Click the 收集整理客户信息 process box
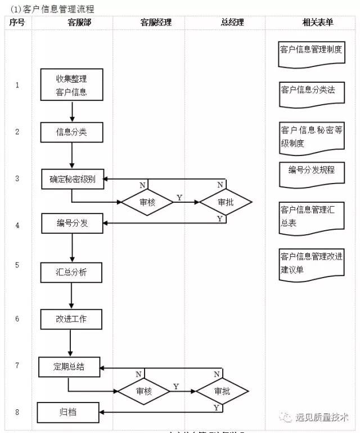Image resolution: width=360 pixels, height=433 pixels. click(71, 84)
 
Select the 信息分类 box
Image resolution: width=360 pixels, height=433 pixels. click(71, 132)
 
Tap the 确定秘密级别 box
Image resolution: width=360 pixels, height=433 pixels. click(72, 179)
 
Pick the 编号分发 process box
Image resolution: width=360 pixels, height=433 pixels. click(72, 224)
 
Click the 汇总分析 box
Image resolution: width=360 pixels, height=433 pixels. click(71, 273)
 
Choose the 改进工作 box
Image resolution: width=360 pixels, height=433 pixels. click(71, 319)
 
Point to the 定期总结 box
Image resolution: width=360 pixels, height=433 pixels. click(69, 367)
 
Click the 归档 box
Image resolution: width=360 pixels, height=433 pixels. click(68, 412)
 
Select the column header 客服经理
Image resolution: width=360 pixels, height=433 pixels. click(156, 23)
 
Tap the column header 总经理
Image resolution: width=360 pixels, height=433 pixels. click(233, 23)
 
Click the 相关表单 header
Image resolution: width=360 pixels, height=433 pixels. click(317, 23)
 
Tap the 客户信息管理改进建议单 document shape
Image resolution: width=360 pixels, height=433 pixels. click(311, 264)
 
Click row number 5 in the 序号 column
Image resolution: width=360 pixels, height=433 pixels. click(17, 265)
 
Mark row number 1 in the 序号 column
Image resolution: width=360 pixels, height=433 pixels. click(17, 85)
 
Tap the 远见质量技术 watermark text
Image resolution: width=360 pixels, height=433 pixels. click(323, 417)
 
